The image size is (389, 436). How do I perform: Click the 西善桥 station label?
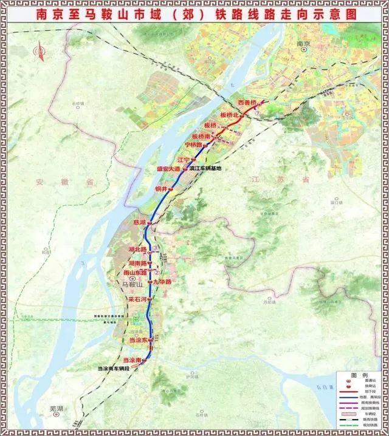tap(248, 102)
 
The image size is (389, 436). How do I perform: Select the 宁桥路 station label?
tap(194, 145)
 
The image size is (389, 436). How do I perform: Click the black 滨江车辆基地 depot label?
tap(206, 169)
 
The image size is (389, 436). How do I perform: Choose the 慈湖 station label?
tap(139, 223)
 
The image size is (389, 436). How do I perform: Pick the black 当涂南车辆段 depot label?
tap(119, 369)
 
